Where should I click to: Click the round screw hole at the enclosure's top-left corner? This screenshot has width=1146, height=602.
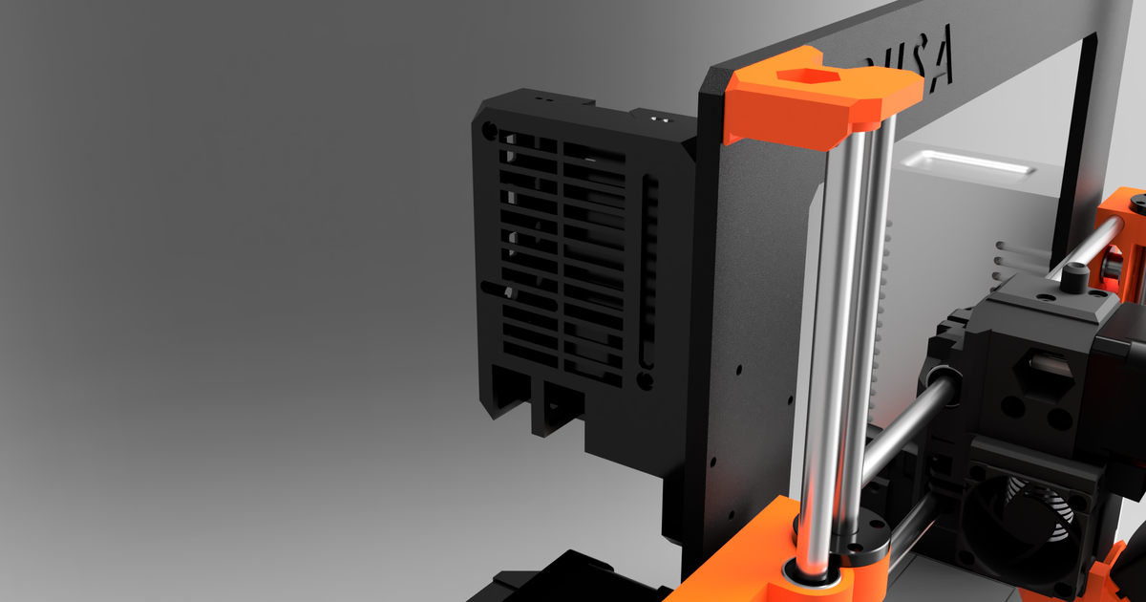pyautogui.click(x=489, y=128)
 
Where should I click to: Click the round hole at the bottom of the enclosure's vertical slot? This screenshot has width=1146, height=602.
pyautogui.click(x=644, y=380)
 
